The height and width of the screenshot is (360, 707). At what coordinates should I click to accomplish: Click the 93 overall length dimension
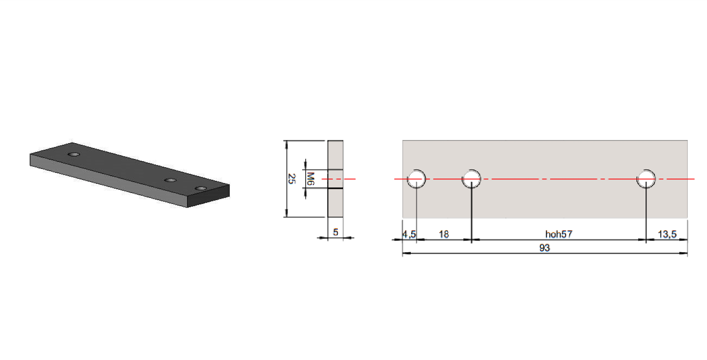click(x=544, y=248)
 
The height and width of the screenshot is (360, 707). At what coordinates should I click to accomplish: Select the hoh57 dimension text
click(x=559, y=234)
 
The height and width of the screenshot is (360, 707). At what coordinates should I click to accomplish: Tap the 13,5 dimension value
click(x=667, y=234)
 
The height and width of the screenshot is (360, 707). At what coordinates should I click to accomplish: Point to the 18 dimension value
click(x=444, y=234)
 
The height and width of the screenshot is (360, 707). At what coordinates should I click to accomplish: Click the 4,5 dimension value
click(x=409, y=234)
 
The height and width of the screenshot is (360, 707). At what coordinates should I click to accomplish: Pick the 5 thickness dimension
click(x=335, y=232)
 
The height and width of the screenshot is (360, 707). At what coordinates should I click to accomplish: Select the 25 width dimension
click(x=292, y=179)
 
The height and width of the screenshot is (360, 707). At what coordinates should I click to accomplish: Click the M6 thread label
click(x=311, y=179)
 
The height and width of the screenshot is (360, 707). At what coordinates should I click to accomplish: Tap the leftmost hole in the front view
click(x=416, y=179)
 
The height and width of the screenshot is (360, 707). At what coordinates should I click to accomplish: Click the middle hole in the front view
click(x=471, y=179)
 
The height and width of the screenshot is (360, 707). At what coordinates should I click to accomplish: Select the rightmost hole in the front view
click(x=646, y=179)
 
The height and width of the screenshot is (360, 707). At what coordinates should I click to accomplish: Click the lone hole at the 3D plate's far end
click(x=74, y=155)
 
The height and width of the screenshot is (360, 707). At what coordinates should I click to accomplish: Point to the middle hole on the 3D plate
click(x=170, y=180)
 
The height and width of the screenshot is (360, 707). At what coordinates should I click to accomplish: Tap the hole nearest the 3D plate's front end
click(x=201, y=189)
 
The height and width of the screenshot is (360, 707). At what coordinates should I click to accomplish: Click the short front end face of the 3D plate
click(x=208, y=196)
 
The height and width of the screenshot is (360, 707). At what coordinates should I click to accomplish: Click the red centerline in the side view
click(x=339, y=179)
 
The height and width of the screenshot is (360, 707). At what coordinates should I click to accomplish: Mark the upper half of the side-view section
click(x=335, y=155)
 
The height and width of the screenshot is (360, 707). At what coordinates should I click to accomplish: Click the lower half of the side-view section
click(x=335, y=203)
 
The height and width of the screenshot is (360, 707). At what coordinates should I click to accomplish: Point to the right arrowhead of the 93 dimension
click(x=684, y=253)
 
